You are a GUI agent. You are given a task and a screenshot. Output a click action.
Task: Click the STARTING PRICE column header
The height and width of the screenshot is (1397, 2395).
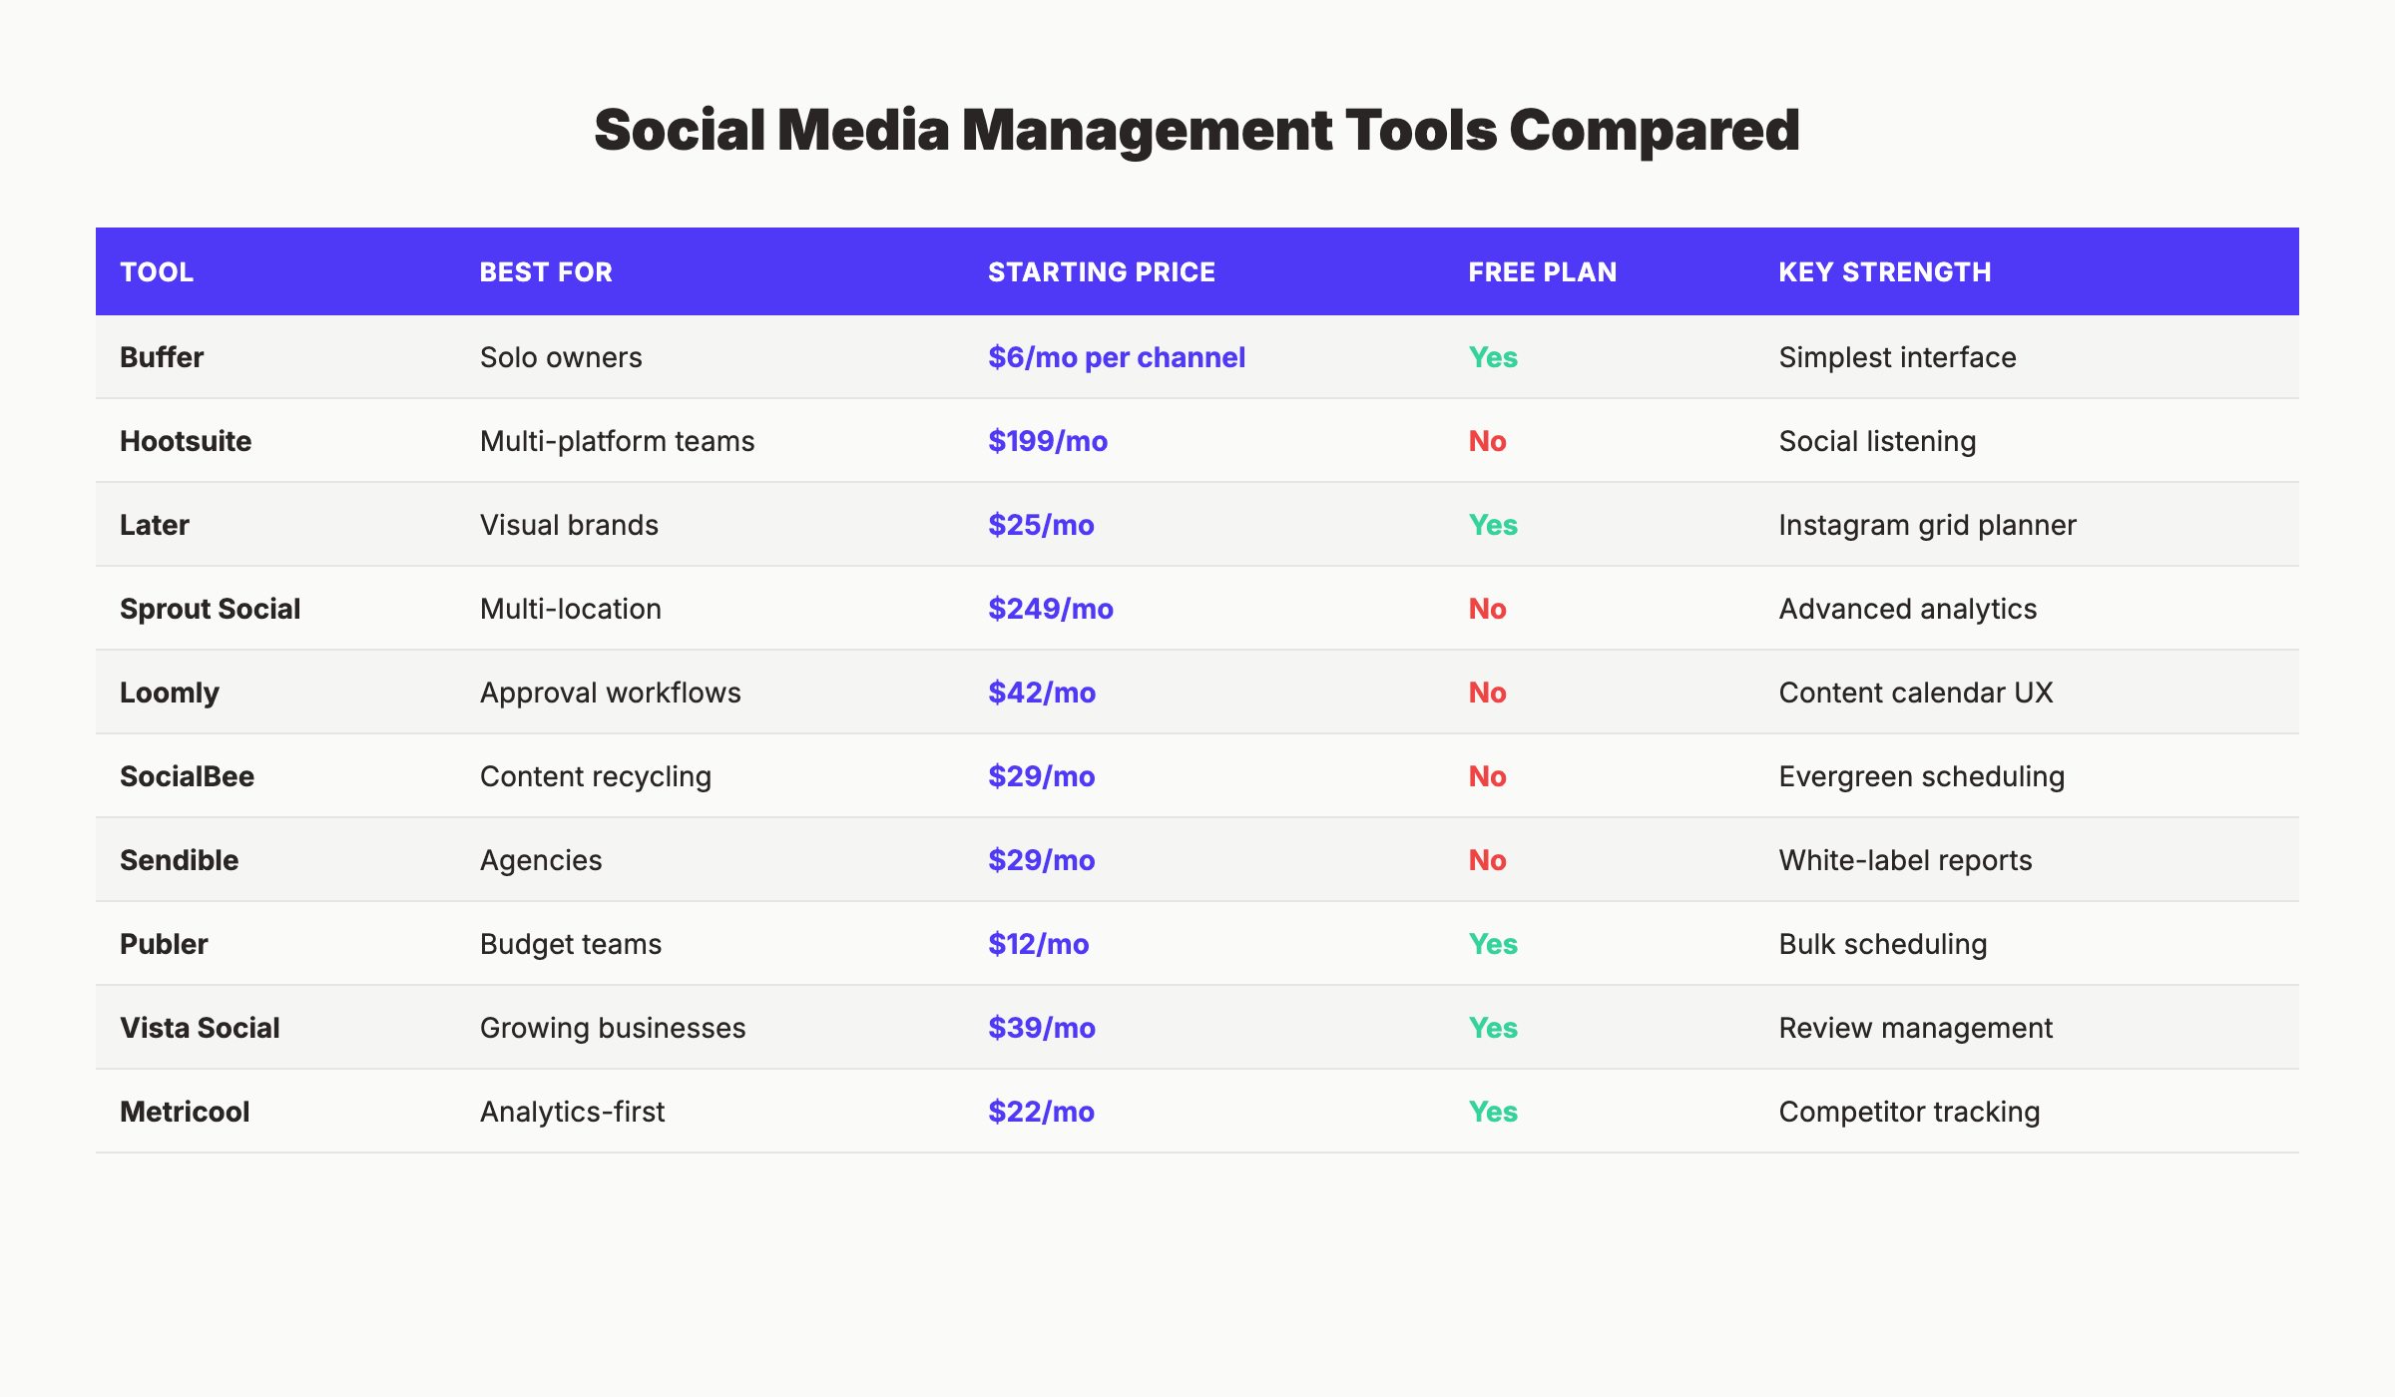(x=1101, y=272)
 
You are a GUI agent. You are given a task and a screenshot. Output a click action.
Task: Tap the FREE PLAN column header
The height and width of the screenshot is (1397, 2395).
(x=1542, y=272)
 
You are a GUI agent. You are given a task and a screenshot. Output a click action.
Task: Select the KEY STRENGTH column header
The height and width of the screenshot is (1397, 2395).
(x=1884, y=272)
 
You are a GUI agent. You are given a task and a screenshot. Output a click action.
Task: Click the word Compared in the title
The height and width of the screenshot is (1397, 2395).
(x=1654, y=131)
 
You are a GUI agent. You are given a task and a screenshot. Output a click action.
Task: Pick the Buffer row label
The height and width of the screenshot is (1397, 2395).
(x=162, y=357)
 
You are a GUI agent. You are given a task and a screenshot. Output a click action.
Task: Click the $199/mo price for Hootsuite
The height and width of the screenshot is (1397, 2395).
(x=1047, y=441)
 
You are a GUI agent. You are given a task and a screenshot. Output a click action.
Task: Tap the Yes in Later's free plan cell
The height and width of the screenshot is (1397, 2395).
(x=1492, y=525)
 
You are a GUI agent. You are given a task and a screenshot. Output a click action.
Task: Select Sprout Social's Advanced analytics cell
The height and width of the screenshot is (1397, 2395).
(x=1907, y=609)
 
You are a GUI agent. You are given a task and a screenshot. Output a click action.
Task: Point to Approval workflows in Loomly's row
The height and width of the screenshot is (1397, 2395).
(x=610, y=693)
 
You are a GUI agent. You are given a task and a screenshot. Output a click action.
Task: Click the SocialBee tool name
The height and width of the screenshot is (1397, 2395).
(x=187, y=776)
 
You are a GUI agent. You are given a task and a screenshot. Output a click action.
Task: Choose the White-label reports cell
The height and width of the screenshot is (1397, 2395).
(x=1904, y=860)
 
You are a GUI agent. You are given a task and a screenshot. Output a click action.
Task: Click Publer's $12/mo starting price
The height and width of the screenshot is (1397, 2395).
(x=1038, y=944)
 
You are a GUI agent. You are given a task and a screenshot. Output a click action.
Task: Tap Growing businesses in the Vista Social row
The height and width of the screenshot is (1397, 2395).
(x=612, y=1028)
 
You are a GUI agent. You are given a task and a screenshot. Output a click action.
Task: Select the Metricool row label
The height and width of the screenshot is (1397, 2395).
(x=185, y=1112)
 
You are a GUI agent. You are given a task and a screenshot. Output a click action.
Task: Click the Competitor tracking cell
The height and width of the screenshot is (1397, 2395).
(x=1908, y=1112)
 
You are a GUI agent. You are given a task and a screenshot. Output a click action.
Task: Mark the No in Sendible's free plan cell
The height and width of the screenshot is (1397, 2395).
(x=1487, y=860)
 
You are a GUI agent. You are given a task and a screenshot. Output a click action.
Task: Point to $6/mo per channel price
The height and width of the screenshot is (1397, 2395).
(x=1116, y=357)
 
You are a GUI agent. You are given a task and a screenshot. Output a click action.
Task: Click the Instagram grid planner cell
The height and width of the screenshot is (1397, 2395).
(x=1926, y=525)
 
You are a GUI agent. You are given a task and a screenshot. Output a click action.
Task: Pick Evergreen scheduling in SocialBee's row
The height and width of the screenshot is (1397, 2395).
(x=1921, y=776)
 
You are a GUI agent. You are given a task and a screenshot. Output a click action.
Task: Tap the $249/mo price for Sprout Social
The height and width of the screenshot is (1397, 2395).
(x=1050, y=609)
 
